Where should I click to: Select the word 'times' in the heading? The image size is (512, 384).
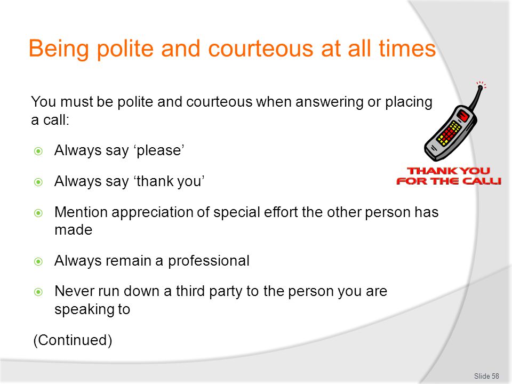click(407, 49)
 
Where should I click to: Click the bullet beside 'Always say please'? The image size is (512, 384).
click(38, 151)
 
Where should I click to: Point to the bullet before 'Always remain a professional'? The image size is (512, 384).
click(38, 261)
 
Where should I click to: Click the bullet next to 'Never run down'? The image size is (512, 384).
click(38, 292)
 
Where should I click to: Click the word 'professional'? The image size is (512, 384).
click(209, 261)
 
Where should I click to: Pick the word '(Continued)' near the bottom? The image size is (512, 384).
click(73, 340)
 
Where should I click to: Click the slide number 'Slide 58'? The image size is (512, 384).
click(486, 376)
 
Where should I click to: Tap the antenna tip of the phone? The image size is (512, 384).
click(480, 87)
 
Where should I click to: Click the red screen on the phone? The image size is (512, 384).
click(463, 116)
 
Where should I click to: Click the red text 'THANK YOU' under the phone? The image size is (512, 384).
click(449, 171)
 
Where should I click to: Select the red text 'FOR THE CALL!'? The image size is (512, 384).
click(449, 181)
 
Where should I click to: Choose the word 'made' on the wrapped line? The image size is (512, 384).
click(74, 230)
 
